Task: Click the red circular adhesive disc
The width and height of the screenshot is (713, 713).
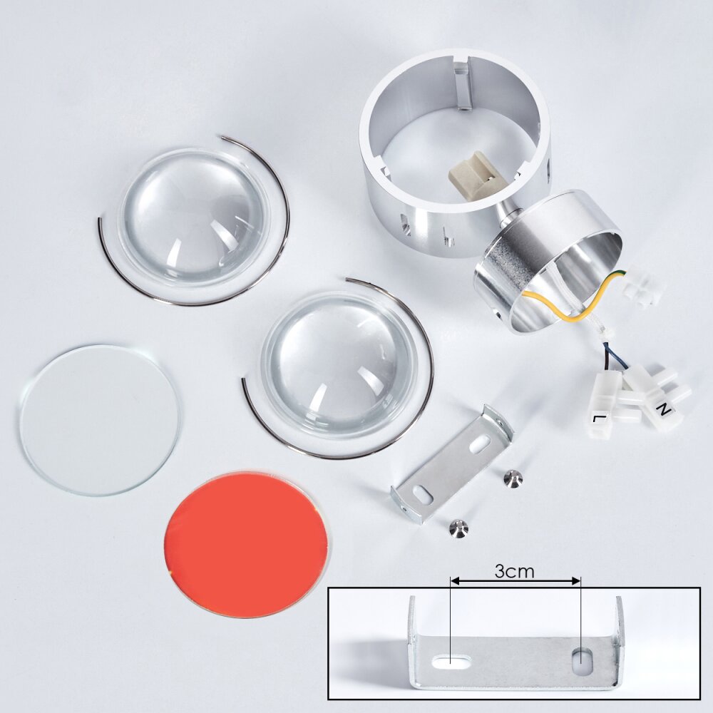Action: pos(245,545)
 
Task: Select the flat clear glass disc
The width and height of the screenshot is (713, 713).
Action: pos(100,420)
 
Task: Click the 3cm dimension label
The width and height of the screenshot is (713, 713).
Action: pos(514,572)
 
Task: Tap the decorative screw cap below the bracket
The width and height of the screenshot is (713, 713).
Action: pos(458,528)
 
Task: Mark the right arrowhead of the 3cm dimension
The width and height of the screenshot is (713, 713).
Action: pos(577,580)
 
